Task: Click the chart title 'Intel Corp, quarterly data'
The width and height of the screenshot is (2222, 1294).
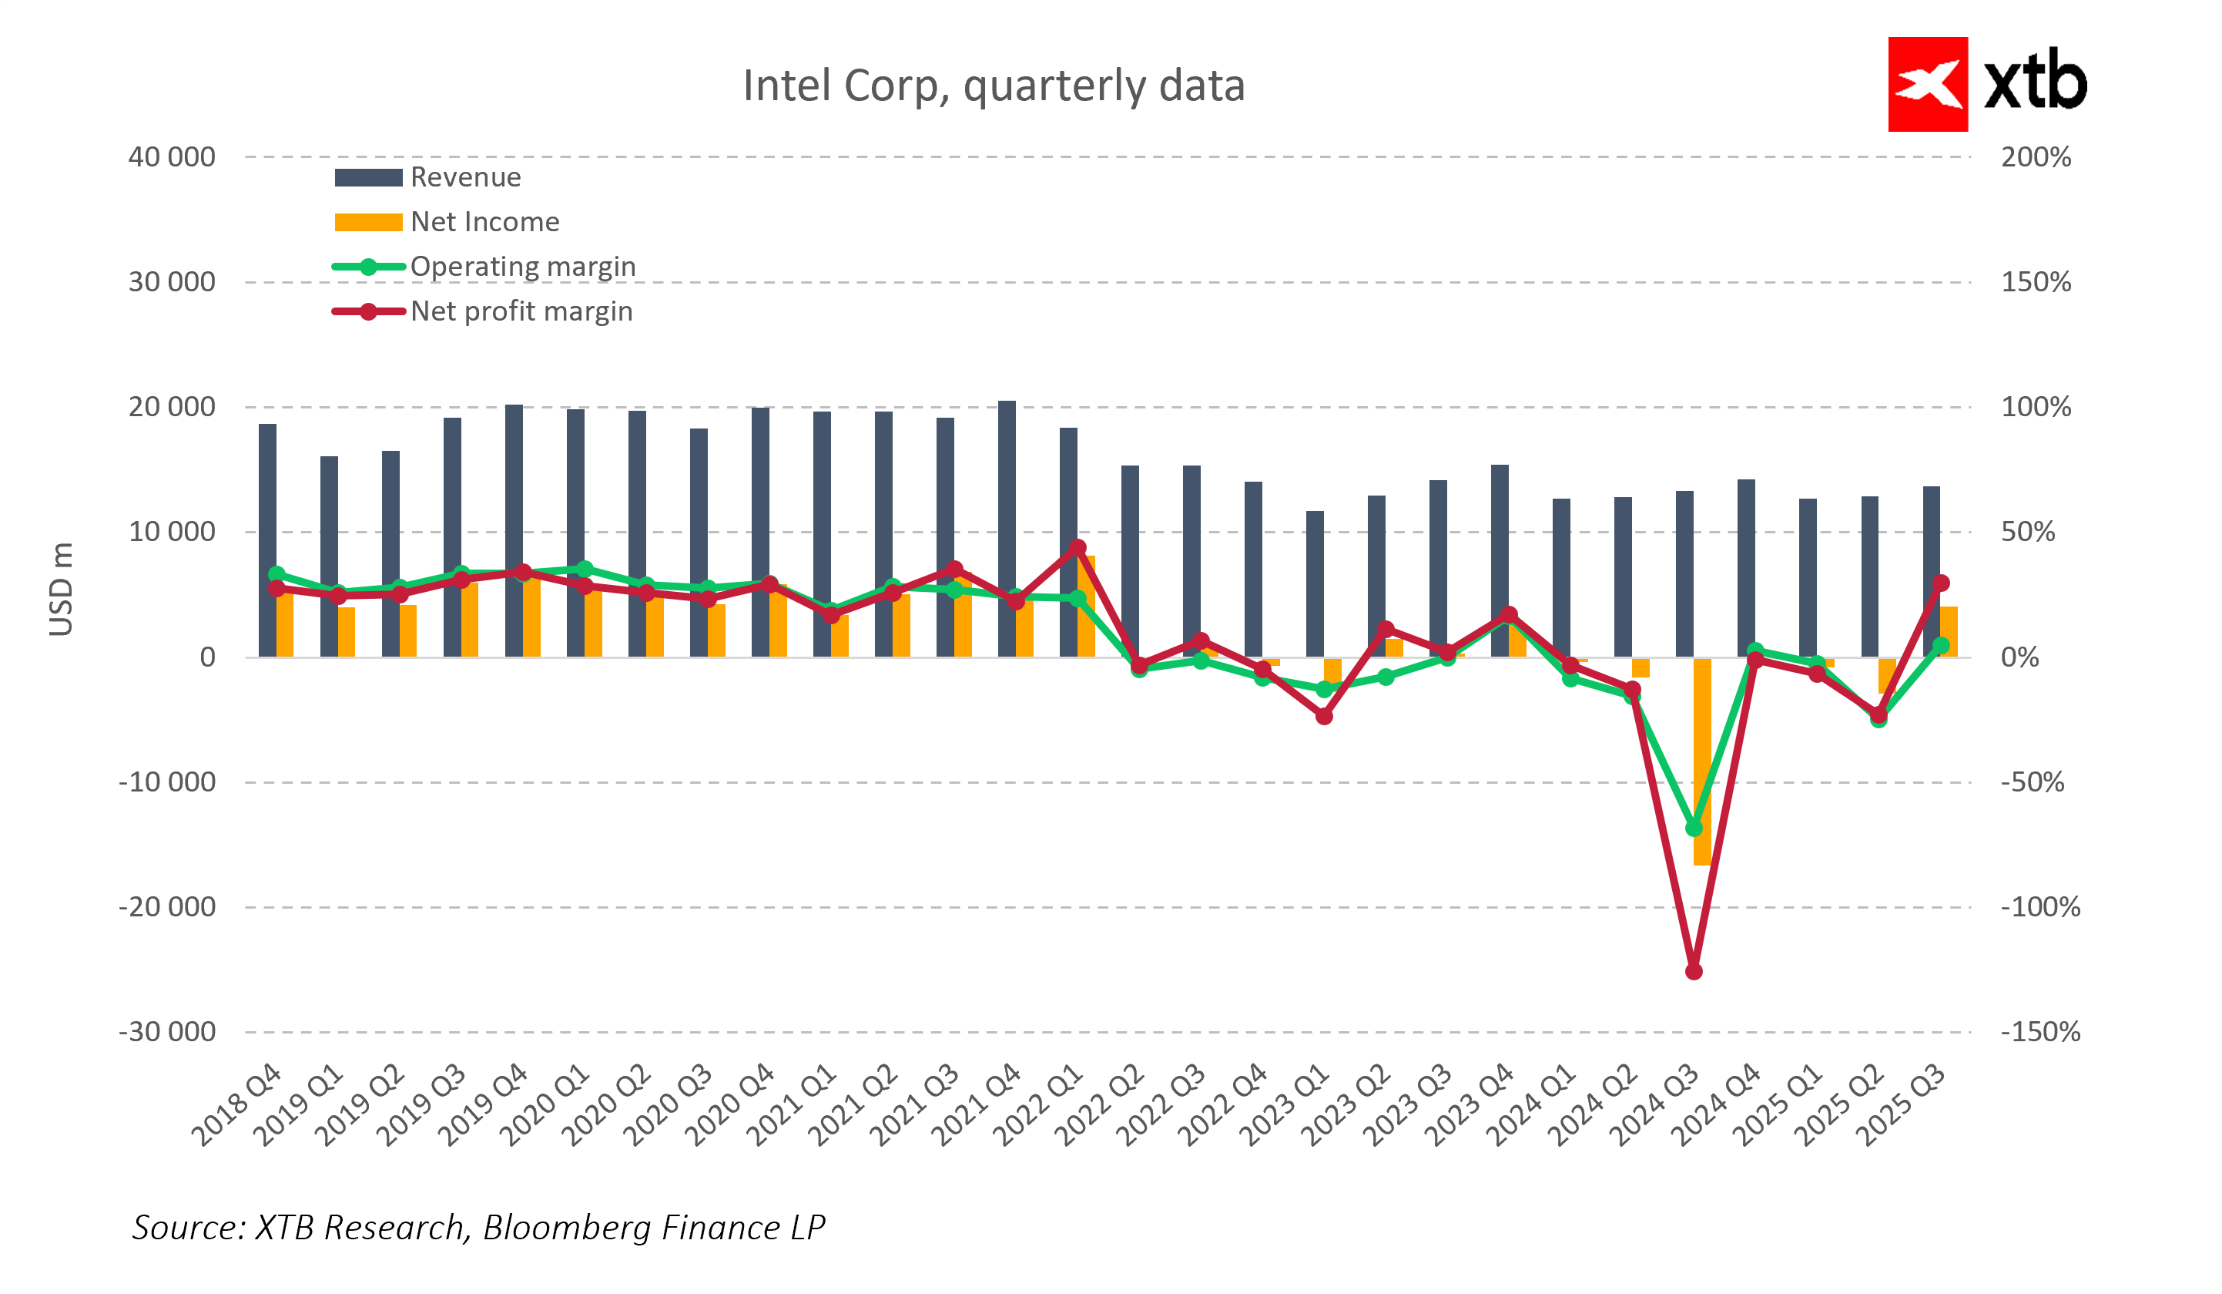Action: [x=993, y=86]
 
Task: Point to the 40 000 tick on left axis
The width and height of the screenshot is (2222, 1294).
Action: [x=172, y=157]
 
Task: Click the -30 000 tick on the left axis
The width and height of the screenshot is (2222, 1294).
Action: [x=168, y=1031]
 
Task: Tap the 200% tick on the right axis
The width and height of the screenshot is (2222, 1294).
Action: [x=2035, y=157]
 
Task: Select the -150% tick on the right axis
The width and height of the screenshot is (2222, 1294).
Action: [x=2039, y=1031]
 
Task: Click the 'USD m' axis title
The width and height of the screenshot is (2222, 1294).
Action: [x=60, y=590]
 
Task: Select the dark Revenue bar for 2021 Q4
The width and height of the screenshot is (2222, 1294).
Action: [x=1006, y=529]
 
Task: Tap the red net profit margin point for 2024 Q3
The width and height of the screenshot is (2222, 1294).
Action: [x=1693, y=971]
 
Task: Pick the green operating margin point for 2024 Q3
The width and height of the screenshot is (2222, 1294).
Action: [x=1693, y=828]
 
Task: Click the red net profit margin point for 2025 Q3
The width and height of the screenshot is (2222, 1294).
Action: [x=1940, y=583]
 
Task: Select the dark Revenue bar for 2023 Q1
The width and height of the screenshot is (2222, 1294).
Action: [x=1314, y=584]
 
